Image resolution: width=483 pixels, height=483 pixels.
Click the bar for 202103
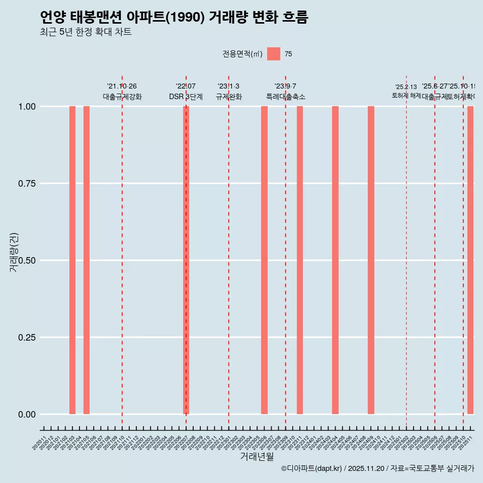pos(72,260)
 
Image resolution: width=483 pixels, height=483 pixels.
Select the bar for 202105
pos(87,260)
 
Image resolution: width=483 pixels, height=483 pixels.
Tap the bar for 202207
pos(186,260)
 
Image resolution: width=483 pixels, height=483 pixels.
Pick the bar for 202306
pos(264,260)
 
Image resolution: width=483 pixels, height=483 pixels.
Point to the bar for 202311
pos(300,260)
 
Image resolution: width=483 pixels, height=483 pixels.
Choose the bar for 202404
pos(335,260)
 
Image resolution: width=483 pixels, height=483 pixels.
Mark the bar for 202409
pos(371,260)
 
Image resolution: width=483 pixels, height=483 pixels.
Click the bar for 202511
pos(470,260)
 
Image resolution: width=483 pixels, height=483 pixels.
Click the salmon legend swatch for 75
pos(274,54)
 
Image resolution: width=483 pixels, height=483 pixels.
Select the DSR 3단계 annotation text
pos(186,97)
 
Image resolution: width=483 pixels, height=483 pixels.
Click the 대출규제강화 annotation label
pos(122,97)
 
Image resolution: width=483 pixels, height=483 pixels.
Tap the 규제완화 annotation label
pos(229,97)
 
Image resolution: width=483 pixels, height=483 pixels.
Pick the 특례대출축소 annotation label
pos(286,97)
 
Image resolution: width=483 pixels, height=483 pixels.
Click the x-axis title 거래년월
pos(257,457)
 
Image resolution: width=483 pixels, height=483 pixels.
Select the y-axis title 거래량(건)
pos(14,253)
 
